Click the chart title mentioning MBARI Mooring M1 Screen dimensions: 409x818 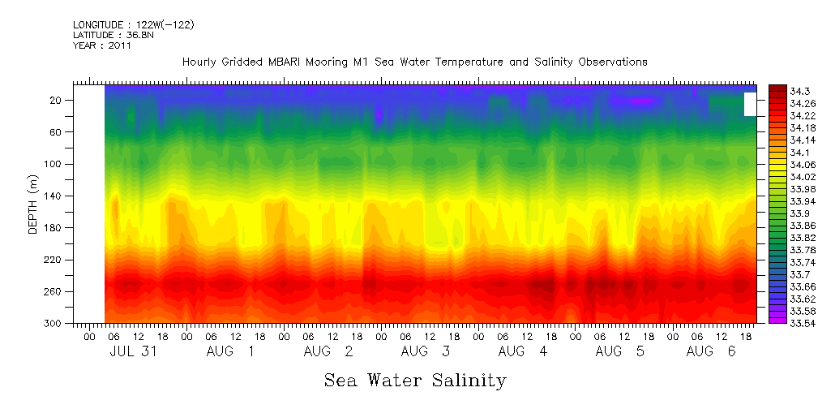[414, 62]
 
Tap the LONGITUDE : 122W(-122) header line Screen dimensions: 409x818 [133, 25]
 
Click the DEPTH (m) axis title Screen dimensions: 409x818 [33, 204]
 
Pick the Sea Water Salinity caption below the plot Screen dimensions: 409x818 [415, 380]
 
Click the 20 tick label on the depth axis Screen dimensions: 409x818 [57, 101]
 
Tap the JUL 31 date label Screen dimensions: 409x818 [133, 351]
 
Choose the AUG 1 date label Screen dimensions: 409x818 [230, 351]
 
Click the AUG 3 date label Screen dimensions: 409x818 [425, 351]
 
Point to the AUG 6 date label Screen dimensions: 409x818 [710, 351]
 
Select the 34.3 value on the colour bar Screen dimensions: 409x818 [781, 91]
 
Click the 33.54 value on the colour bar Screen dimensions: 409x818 [783, 323]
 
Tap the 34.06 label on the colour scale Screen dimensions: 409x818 [783, 164]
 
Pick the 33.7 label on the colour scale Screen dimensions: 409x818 [781, 275]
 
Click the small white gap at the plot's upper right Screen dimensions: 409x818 [750, 105]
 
